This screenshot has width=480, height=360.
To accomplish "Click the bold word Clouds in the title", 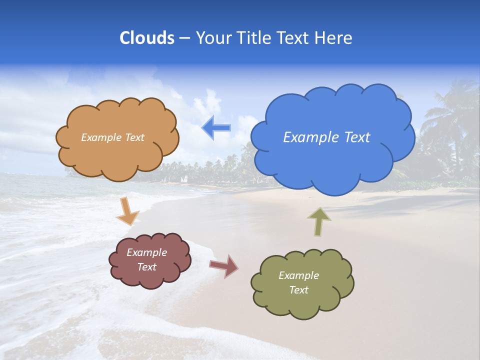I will point(146,38).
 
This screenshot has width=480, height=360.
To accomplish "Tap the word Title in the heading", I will point(253,38).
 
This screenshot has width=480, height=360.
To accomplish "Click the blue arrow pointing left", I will point(216,128).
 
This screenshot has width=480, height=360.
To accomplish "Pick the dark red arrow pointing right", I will point(224,265).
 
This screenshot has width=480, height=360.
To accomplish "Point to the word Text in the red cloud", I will point(147,267).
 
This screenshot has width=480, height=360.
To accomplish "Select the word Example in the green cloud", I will point(298,275).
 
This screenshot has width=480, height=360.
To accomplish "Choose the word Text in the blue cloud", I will point(356,137).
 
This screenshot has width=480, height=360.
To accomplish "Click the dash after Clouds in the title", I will point(184,38).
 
